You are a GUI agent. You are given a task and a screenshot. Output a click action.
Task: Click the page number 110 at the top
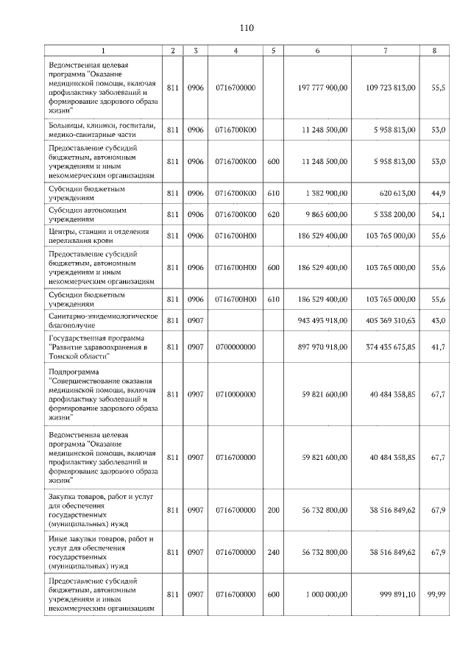coord(246,28)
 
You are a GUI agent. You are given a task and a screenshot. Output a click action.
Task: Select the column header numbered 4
coord(235,51)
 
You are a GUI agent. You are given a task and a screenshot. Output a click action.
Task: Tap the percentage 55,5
coord(438,88)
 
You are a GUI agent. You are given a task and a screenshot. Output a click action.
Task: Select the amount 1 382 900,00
coord(325,194)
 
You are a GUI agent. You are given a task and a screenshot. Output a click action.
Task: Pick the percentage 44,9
coord(438,194)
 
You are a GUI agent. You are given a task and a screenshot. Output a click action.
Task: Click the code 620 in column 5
coord(273,215)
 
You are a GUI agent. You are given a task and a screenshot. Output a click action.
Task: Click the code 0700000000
coord(235,347)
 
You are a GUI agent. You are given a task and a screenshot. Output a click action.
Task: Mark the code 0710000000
coord(235,394)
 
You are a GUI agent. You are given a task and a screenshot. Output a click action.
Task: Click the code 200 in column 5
coord(273,509)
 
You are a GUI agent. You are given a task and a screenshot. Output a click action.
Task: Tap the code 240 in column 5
coord(273,552)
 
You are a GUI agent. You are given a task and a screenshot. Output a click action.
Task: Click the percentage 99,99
coord(437,595)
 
